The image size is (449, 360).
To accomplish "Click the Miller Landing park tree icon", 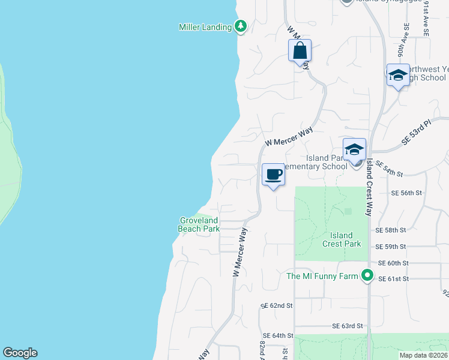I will (241, 26).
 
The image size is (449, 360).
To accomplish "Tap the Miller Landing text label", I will (205, 27).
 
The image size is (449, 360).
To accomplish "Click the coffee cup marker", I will (273, 175).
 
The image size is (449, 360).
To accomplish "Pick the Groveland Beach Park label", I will (199, 224).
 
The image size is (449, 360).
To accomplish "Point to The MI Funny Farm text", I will (321, 277).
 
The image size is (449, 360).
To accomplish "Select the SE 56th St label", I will (407, 193).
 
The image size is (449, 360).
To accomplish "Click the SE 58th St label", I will (391, 230).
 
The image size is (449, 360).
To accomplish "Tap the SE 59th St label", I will (391, 247).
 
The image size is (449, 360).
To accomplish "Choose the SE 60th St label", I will (393, 263).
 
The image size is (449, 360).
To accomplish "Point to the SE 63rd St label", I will (348, 326).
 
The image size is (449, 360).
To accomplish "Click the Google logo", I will (20, 353).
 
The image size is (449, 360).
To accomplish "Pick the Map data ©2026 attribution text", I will (423, 355).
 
